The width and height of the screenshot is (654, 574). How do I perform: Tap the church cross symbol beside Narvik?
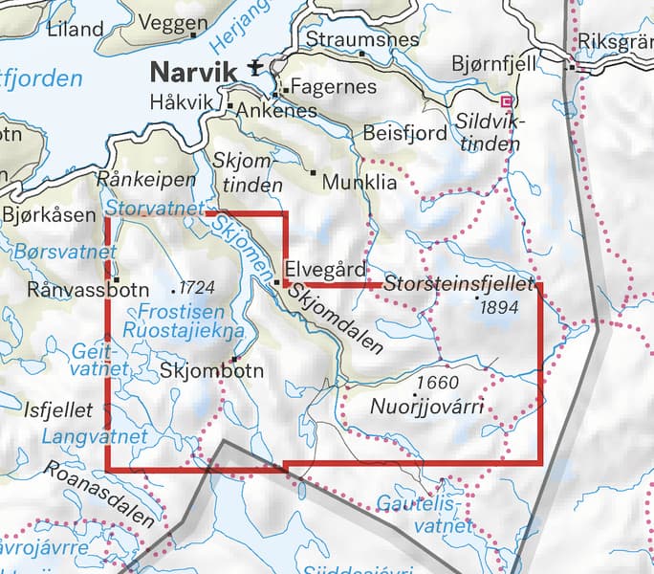tap(254, 67)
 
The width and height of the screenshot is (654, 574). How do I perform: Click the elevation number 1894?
tap(500, 307)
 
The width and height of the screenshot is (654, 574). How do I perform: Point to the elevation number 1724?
tap(195, 286)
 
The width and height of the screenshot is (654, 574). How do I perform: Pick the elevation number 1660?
tap(431, 384)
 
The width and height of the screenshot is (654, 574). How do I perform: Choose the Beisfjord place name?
tap(404, 134)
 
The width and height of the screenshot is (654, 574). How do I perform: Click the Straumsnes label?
tap(362, 39)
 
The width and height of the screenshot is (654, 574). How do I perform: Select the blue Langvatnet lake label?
tap(95, 436)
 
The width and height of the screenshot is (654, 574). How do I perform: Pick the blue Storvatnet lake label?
tap(155, 208)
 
